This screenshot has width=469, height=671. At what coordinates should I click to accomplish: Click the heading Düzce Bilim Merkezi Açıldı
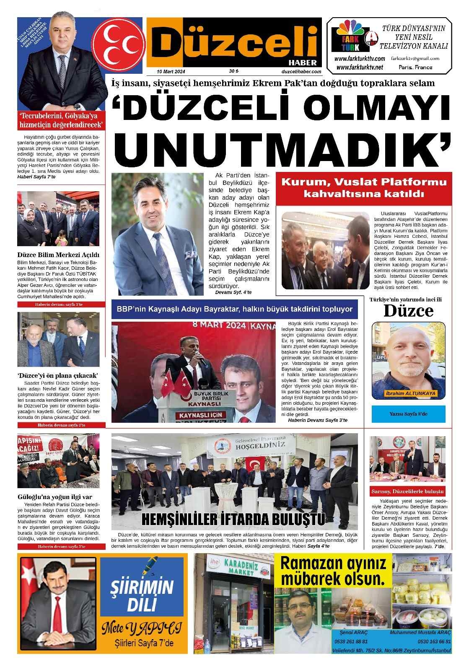tap(58, 255)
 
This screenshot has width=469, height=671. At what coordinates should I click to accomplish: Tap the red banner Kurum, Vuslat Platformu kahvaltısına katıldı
tap(364, 188)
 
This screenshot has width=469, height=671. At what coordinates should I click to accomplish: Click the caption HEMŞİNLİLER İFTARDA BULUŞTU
tap(234, 519)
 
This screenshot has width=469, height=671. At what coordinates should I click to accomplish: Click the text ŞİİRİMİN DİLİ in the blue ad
tap(142, 594)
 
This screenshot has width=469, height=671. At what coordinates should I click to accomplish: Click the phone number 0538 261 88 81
tap(351, 642)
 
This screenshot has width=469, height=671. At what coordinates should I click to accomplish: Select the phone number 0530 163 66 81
tap(434, 642)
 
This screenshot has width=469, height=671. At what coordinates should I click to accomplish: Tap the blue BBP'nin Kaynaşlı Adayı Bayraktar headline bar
tap(235, 309)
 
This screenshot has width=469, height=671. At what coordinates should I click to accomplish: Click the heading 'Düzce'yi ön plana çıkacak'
tap(58, 375)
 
